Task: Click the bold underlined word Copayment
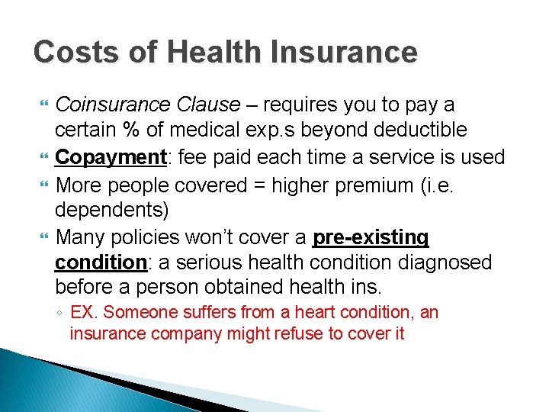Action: tap(111, 158)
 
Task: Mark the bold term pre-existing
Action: tap(371, 237)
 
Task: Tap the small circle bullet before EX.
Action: tap(59, 313)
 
